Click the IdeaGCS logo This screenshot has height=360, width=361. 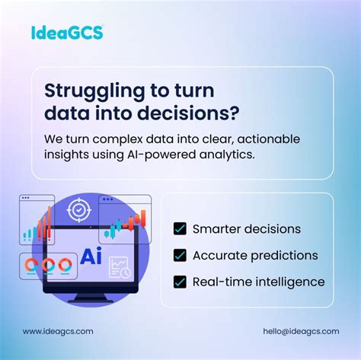point(68,32)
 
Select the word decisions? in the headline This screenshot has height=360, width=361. point(195,113)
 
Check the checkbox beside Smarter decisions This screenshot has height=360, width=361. point(180,228)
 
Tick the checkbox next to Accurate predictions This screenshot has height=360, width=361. point(180,255)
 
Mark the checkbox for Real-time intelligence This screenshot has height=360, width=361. point(180,282)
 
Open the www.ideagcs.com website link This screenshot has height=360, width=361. point(58,331)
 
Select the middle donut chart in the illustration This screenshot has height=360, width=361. point(45,266)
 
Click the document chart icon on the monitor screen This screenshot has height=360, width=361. point(120,267)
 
